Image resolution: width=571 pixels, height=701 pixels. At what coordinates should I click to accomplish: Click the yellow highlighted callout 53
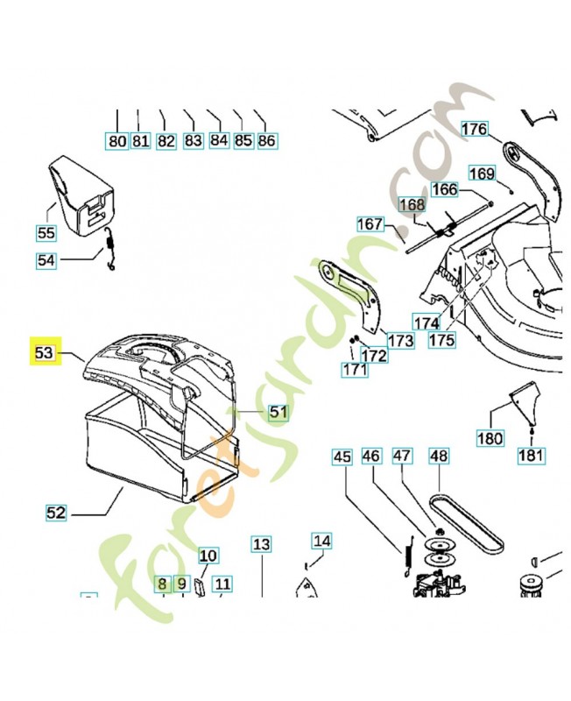(45, 352)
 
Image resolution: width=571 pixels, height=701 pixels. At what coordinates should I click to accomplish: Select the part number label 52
(56, 513)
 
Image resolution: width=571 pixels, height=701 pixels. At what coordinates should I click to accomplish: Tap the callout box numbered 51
(278, 411)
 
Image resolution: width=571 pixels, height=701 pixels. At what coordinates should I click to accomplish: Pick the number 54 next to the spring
(46, 260)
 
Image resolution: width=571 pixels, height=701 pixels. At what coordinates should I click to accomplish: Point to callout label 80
(116, 140)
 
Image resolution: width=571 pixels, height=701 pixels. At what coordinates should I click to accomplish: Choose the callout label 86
(267, 140)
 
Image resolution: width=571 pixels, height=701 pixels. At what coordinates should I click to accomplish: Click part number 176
(474, 130)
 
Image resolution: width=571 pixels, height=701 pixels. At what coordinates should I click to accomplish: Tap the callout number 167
(370, 224)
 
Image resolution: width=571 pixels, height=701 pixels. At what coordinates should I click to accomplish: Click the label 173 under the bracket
(400, 340)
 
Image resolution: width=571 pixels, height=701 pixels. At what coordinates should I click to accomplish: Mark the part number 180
(490, 436)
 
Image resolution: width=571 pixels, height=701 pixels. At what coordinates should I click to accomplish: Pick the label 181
(532, 455)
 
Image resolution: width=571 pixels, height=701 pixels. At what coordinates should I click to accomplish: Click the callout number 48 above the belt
(438, 456)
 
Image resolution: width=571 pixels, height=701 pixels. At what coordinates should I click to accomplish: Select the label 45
(342, 457)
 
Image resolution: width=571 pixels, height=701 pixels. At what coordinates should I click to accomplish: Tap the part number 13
(261, 544)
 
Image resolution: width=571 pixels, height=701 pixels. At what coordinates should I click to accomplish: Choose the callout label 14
(322, 541)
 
